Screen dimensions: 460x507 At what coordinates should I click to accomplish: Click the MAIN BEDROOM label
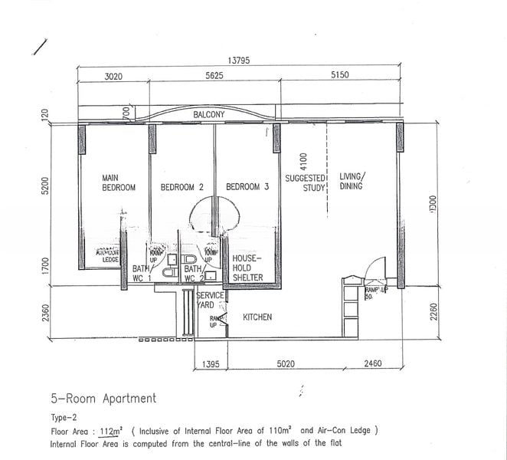point(119,182)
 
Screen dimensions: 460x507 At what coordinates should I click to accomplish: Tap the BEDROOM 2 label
point(182,187)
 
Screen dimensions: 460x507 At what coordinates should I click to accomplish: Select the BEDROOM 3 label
point(247,187)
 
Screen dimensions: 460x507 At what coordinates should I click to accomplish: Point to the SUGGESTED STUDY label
point(306,182)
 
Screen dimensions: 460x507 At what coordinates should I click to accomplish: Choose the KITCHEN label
point(257,317)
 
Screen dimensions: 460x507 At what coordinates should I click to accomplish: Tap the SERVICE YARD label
point(210,300)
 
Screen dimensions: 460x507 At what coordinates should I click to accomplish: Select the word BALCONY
point(208,115)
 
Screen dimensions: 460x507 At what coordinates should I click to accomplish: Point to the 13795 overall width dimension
point(238,61)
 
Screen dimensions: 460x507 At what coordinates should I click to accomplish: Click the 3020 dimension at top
point(113,76)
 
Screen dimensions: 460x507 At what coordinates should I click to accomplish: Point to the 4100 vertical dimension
point(304,162)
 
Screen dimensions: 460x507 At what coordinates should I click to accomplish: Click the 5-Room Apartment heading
point(103,398)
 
